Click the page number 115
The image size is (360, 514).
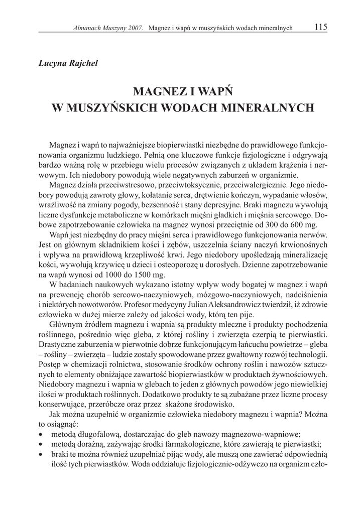pyautogui.click(x=321, y=28)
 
